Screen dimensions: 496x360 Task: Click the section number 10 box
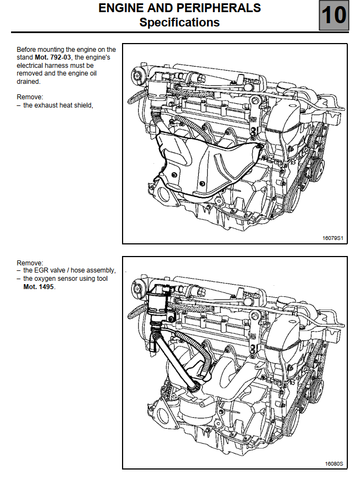coord(333,15)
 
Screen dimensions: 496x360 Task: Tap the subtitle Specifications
coord(179,23)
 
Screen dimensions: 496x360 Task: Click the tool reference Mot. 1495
coord(39,287)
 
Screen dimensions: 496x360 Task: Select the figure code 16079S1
coord(333,238)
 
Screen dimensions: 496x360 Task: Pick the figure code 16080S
coord(334,463)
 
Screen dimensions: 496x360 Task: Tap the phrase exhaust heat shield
coord(57,105)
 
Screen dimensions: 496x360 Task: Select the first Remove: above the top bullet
coord(30,97)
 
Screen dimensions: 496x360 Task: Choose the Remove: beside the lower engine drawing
coord(30,263)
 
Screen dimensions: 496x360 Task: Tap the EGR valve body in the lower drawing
coord(160,303)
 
